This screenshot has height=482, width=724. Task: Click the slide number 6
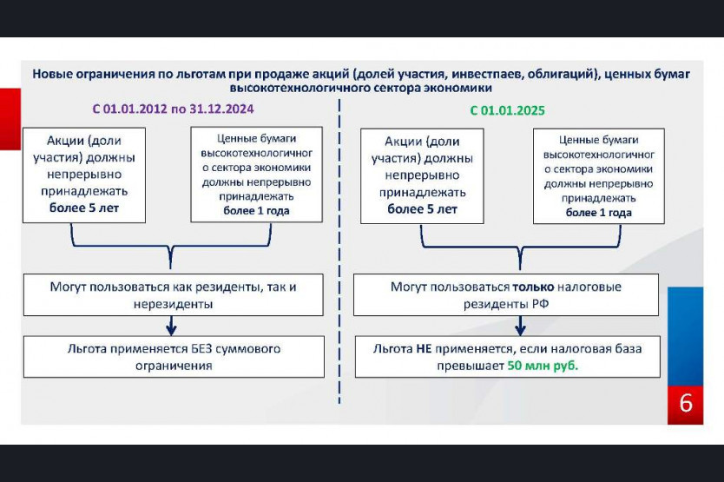point(686,404)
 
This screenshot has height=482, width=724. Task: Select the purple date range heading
point(173,109)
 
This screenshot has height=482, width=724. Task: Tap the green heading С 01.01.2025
point(508,110)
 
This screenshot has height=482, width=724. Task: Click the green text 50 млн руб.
point(543,366)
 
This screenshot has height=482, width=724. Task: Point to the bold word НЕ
point(424,349)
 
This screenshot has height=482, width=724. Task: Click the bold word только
point(533,287)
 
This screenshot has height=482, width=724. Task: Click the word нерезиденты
point(173,304)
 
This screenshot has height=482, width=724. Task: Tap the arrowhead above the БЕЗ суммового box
point(171,330)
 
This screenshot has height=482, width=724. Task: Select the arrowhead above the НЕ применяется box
point(520,330)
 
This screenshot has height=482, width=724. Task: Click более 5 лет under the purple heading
point(84,208)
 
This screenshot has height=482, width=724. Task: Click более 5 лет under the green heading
point(422,209)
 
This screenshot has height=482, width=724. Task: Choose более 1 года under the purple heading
point(256,211)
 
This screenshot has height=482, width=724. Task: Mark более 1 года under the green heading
point(599,213)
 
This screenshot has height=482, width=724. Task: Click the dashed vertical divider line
point(339,252)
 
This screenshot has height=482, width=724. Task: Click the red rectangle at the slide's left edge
point(10,119)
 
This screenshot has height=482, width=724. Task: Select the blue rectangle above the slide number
point(685,336)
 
